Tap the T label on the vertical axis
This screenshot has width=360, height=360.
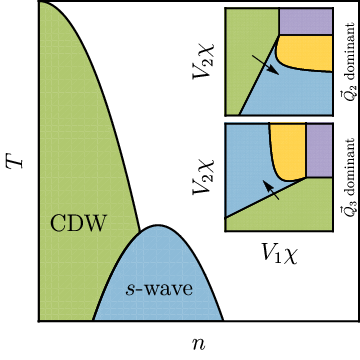16,160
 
